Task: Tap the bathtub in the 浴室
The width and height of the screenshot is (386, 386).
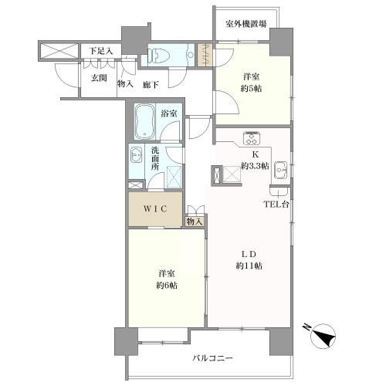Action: pos(144,121)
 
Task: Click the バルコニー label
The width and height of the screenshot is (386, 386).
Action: pos(218,357)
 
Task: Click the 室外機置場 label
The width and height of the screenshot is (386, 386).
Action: pos(246,25)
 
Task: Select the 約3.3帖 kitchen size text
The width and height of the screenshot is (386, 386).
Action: pos(254,165)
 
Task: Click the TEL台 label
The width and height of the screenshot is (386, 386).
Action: pos(277,205)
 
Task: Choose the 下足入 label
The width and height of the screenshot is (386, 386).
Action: pos(100,51)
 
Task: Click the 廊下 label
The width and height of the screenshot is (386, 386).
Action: pos(149,83)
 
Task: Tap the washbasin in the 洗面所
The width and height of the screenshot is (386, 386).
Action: pos(137,154)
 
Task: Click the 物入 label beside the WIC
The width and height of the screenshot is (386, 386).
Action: pos(195,222)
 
